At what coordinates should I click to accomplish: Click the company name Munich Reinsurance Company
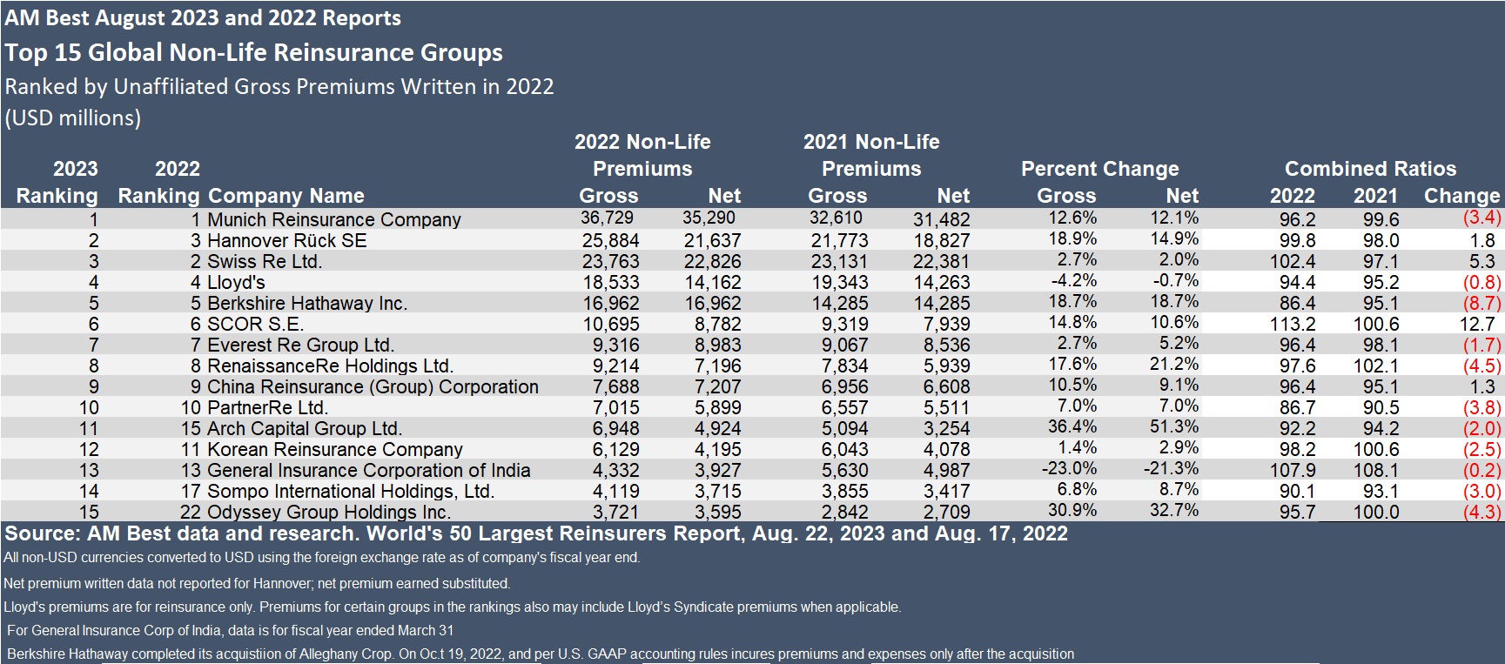(x=334, y=219)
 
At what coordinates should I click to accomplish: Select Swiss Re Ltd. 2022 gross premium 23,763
(x=609, y=261)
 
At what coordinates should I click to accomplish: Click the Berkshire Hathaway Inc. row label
(x=307, y=303)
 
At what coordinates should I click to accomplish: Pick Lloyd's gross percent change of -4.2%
(x=1072, y=281)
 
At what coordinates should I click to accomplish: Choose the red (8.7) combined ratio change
(x=1482, y=303)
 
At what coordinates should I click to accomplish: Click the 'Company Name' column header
(x=286, y=196)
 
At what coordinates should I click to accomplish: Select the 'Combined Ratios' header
(x=1370, y=169)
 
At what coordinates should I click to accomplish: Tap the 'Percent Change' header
(x=1099, y=169)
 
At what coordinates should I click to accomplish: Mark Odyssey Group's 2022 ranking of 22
(x=190, y=513)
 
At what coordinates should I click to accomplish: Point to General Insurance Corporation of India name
(x=369, y=470)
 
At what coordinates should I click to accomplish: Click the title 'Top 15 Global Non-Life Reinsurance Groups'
(x=254, y=52)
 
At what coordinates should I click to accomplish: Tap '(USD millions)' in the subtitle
(x=73, y=117)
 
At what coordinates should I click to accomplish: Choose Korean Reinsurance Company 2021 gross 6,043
(x=838, y=449)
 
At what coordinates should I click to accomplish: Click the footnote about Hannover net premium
(x=257, y=583)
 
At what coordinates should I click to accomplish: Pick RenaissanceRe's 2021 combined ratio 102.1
(x=1375, y=366)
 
